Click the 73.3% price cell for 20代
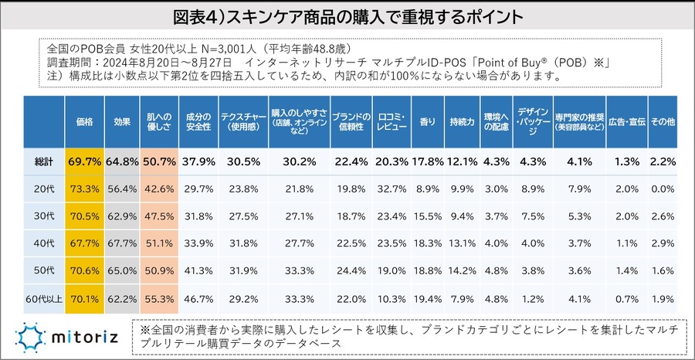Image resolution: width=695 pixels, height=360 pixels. [84, 188]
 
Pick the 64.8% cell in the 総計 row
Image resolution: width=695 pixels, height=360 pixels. [121, 161]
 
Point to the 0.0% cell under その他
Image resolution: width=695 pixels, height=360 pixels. [663, 188]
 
